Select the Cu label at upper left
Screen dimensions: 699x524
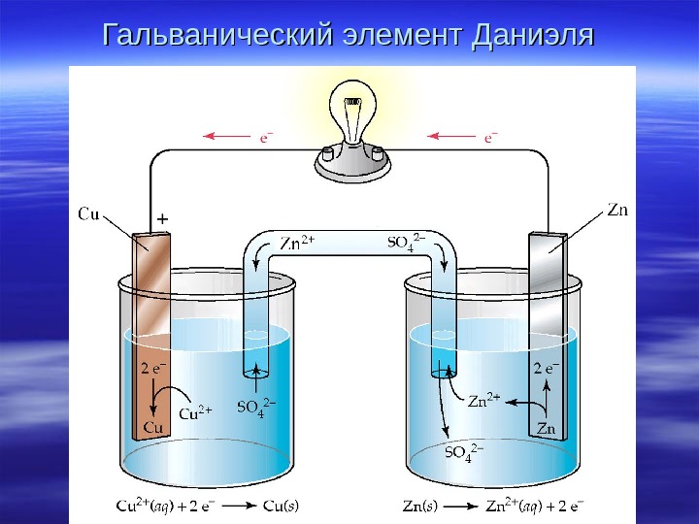pos(88,214)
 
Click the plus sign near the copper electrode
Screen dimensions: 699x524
pos(162,220)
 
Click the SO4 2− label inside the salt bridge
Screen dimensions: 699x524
pos(405,243)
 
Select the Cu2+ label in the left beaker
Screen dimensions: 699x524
pos(198,411)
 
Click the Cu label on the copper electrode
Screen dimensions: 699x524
pos(153,427)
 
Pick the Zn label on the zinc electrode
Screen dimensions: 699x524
pos(546,428)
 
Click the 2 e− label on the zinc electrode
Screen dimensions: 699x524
pos(547,369)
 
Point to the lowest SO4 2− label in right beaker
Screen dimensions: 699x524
pos(464,453)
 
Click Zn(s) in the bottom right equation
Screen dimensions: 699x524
pos(420,506)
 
